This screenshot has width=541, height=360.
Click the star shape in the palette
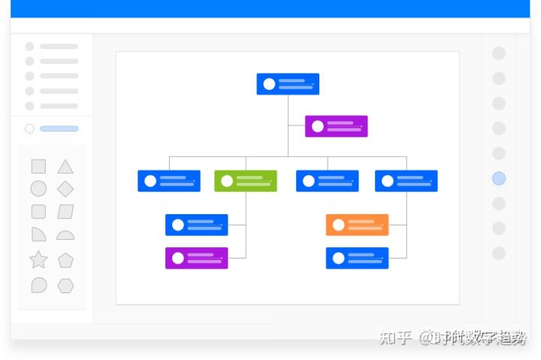tap(38, 260)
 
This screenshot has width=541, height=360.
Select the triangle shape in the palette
tap(65, 167)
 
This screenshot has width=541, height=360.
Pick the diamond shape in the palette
tap(65, 189)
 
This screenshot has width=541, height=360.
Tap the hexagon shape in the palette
tap(65, 286)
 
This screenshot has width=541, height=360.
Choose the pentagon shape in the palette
tap(65, 260)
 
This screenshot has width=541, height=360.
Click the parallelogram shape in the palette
tap(65, 212)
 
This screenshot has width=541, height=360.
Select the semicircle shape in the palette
tap(65, 235)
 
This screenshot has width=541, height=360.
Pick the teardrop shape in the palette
tap(38, 286)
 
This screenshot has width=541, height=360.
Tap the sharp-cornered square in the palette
tap(38, 167)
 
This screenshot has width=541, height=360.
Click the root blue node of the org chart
tap(288, 84)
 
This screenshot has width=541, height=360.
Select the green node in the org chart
tap(245, 181)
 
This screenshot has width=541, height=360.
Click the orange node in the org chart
tap(357, 225)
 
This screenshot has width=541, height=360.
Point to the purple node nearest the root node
tap(336, 126)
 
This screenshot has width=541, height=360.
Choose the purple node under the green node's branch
tap(196, 258)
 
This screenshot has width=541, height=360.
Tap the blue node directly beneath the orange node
tap(357, 258)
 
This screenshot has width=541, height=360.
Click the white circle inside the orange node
tap(339, 225)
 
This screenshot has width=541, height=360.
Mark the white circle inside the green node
tap(227, 181)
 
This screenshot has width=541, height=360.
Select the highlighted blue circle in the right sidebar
tap(499, 178)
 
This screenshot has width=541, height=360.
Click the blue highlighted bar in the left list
tap(59, 129)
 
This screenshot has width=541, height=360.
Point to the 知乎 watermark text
tap(396, 337)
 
